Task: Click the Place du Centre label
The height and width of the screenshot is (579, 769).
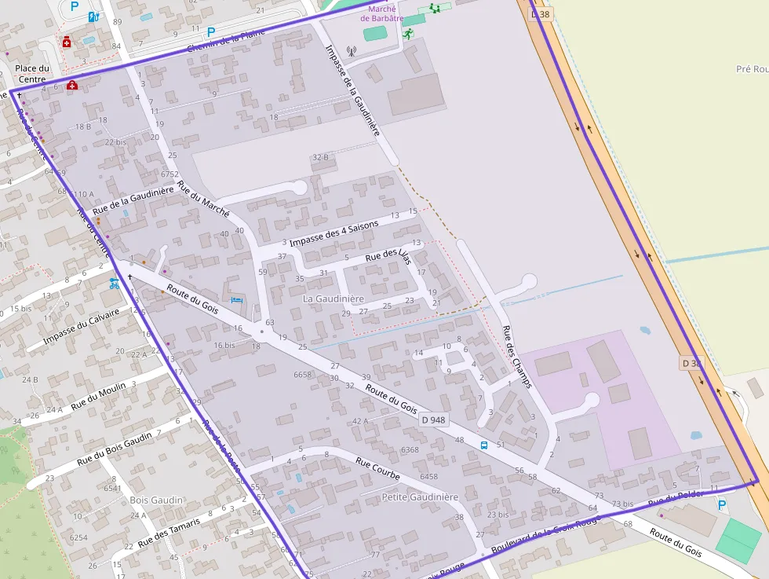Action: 32,73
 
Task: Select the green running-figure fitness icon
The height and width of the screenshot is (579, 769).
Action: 407,34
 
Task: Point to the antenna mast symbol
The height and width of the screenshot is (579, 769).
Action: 351,52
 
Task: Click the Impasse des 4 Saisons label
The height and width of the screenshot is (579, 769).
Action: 333,233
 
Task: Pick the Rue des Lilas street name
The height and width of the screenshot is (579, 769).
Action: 388,256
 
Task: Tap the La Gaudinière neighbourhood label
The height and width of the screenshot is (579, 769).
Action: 333,299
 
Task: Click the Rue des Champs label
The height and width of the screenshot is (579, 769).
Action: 516,357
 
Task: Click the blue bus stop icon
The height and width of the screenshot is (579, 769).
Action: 484,445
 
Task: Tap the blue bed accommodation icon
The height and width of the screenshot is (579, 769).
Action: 236,300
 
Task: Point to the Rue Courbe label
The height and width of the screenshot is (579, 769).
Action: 377,469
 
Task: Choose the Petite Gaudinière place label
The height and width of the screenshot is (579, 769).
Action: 419,497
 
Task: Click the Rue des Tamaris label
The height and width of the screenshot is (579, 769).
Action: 169,531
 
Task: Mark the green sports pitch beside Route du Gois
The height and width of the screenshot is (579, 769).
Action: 738,541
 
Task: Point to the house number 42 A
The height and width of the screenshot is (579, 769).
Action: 360,421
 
